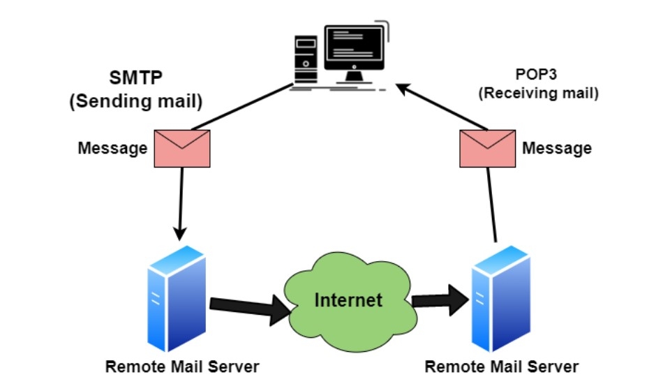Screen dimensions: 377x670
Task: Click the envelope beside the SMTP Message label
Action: (182, 148)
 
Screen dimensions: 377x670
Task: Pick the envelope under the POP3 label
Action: (488, 148)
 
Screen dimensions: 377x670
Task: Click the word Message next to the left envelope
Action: (112, 148)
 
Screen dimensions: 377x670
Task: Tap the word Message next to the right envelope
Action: (557, 148)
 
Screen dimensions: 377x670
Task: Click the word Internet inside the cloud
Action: (348, 300)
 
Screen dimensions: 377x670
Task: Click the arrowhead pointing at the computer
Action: (403, 89)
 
